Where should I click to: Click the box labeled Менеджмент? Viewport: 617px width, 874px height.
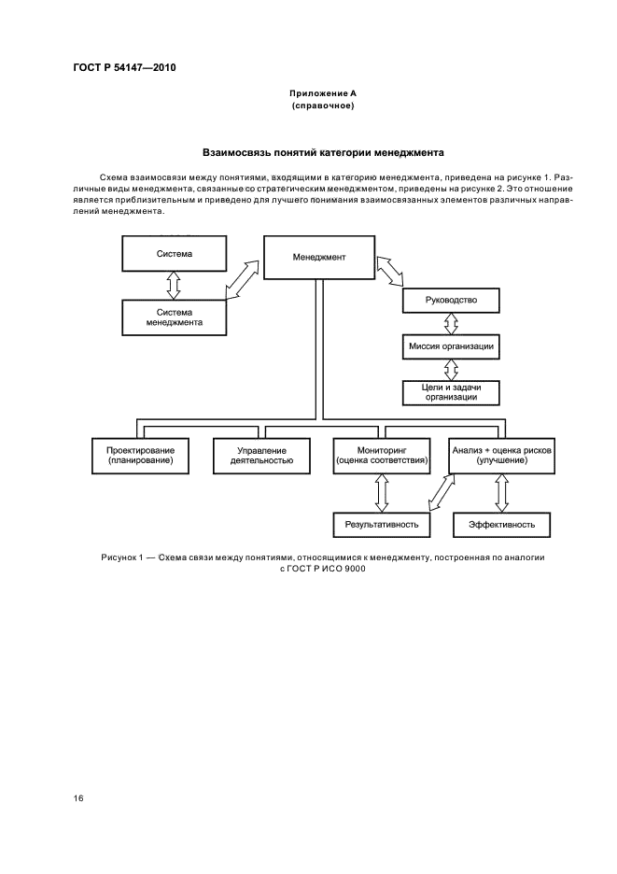pyautogui.click(x=319, y=257)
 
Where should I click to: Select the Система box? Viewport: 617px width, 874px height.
pyautogui.click(x=175, y=253)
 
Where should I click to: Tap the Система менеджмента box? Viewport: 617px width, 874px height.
pyautogui.click(x=175, y=317)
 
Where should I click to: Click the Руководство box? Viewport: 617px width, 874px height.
pyautogui.click(x=451, y=301)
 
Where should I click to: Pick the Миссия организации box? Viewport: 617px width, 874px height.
pyautogui.click(x=451, y=347)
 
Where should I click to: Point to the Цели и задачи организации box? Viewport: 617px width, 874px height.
pyautogui.click(x=451, y=392)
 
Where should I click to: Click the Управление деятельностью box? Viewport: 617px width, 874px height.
pyautogui.click(x=261, y=455)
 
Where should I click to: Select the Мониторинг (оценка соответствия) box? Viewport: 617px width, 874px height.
pyautogui.click(x=381, y=455)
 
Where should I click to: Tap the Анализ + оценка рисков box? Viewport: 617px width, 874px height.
pyautogui.click(x=502, y=455)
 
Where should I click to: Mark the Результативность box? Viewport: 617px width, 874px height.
pyautogui.click(x=382, y=525)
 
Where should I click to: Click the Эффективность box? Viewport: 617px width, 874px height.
pyautogui.click(x=501, y=525)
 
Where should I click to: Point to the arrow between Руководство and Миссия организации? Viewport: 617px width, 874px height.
pyautogui.click(x=451, y=324)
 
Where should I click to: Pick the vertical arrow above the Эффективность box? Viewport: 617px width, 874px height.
pyautogui.click(x=501, y=492)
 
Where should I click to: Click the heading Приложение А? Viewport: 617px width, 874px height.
pyautogui.click(x=322, y=94)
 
